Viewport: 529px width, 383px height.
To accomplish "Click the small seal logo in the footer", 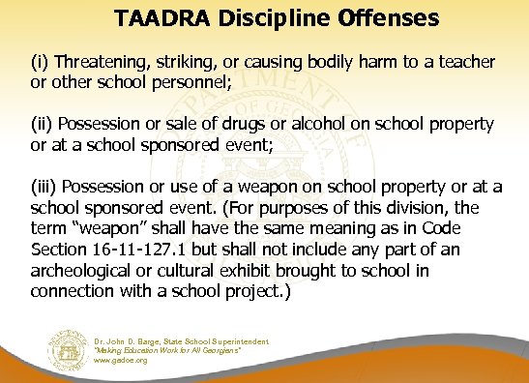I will coord(68,350).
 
